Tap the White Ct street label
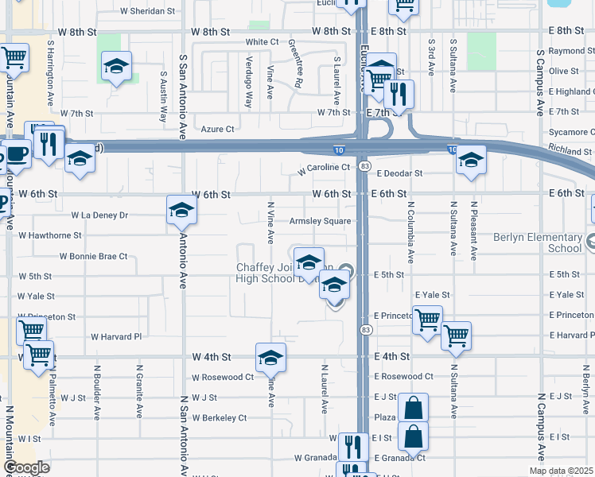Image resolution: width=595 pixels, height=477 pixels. pos(262,41)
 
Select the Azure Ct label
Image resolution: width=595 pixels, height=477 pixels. pos(217,129)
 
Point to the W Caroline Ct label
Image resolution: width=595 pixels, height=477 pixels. pos(324,168)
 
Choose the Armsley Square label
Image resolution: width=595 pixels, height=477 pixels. pos(320,221)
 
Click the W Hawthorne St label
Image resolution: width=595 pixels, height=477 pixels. pos(49,235)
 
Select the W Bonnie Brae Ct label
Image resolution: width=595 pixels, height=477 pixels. pos(93,256)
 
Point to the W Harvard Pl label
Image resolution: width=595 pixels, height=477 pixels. pos(115,336)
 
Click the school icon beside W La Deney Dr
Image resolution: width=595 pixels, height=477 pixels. pos(181,211)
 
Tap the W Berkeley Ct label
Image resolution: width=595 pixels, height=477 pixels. pos(220,417)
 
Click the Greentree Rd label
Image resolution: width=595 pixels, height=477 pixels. pos(295,63)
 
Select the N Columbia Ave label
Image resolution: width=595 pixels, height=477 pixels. pos(410,231)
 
